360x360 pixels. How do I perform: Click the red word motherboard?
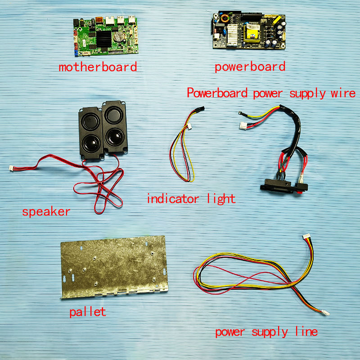(x=98, y=67)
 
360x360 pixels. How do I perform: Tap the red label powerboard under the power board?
(x=250, y=67)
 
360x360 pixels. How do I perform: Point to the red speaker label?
(x=46, y=211)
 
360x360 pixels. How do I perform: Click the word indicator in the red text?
(x=173, y=198)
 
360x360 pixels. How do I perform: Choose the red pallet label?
(x=88, y=312)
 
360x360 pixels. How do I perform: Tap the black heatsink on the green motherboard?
(x=104, y=39)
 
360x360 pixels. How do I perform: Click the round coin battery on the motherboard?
(x=119, y=37)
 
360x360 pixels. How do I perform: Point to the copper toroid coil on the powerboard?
(x=224, y=18)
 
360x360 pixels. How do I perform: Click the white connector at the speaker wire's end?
(x=12, y=168)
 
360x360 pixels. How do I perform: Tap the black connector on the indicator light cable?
(x=200, y=109)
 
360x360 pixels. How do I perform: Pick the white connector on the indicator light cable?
(x=189, y=126)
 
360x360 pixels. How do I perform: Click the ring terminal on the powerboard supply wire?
(x=240, y=113)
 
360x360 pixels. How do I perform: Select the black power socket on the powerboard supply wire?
(x=284, y=185)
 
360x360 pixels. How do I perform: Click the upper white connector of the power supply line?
(x=306, y=236)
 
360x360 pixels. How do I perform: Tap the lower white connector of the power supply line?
(x=325, y=312)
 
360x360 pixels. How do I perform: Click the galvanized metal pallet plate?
(x=114, y=267)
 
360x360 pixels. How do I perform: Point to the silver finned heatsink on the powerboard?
(x=232, y=35)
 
